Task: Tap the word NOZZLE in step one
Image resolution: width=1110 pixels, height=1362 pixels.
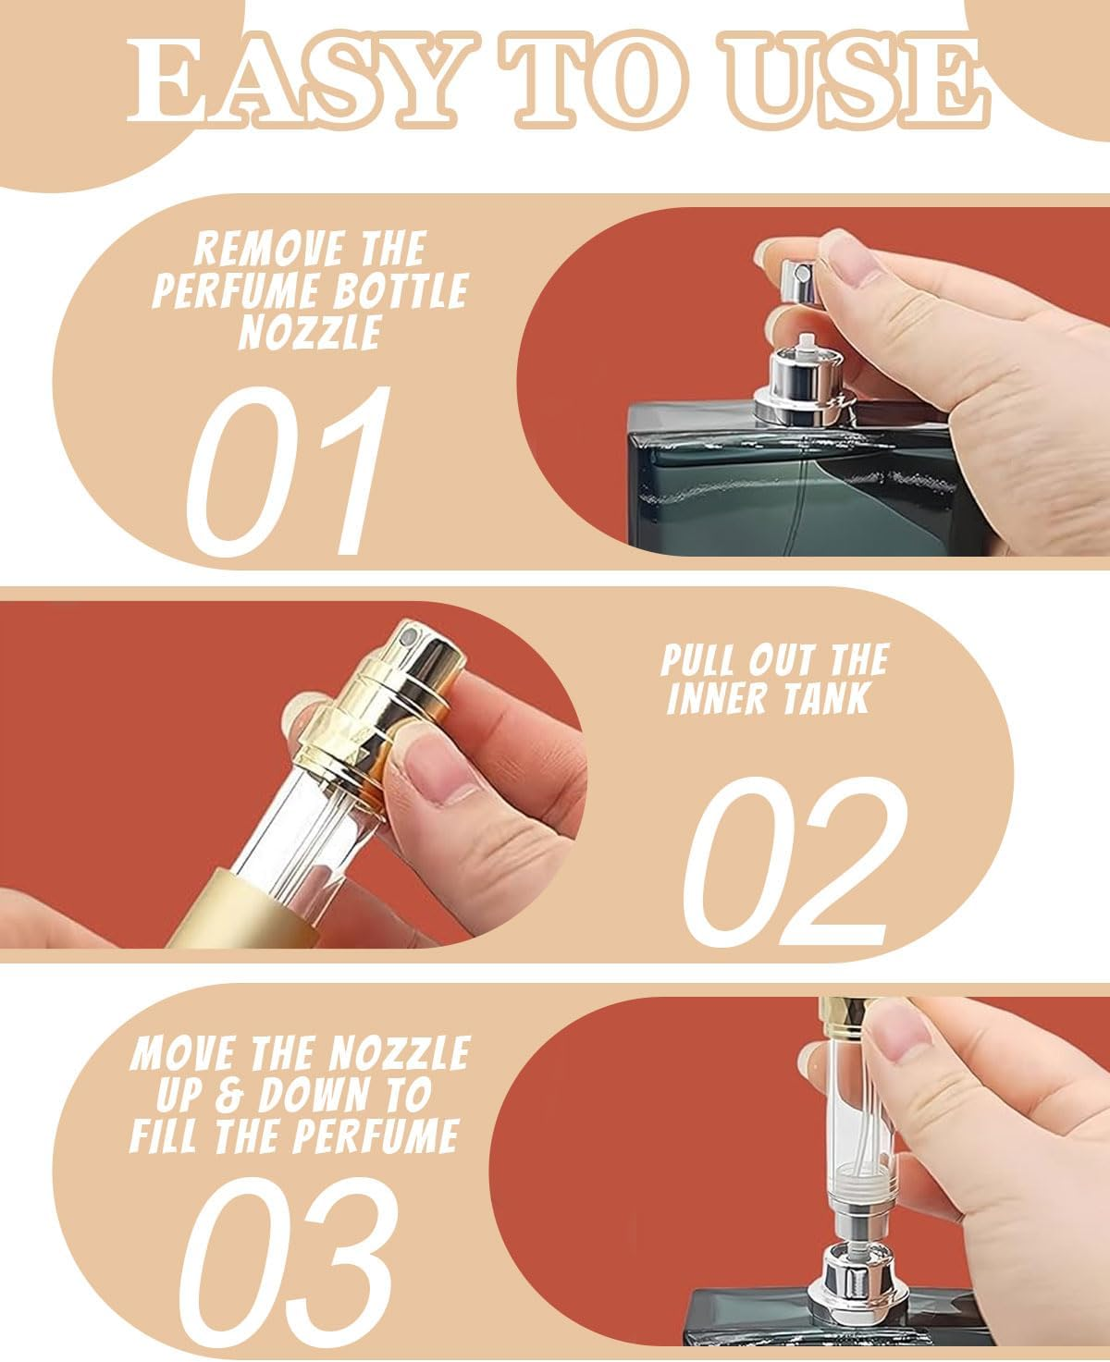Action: click(x=310, y=332)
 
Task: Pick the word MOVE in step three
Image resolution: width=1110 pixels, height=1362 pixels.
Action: click(x=179, y=1053)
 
